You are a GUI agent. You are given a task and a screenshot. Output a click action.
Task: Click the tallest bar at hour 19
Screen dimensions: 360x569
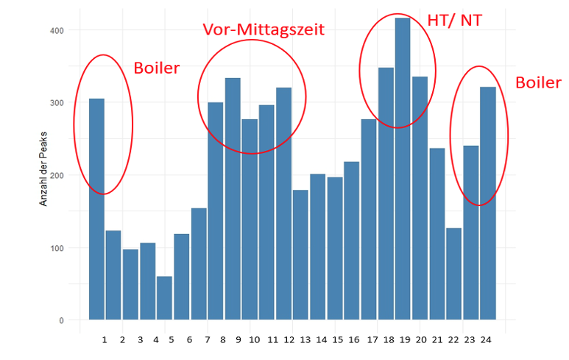(403, 169)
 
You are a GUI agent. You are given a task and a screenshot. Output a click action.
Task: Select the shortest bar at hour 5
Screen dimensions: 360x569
(164, 298)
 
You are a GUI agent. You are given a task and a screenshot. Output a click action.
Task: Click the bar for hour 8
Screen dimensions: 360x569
(233, 199)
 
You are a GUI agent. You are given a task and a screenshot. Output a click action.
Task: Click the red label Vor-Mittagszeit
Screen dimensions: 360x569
(264, 29)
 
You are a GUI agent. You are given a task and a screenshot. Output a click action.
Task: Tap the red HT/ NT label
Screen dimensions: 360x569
(455, 20)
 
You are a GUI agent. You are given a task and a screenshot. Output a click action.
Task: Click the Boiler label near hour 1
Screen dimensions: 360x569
(156, 68)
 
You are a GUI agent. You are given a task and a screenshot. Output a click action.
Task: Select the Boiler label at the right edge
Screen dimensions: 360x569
(538, 82)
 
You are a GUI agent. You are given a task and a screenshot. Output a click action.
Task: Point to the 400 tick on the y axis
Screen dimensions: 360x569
(57, 30)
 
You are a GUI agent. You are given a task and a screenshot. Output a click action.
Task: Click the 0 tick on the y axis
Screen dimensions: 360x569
(62, 320)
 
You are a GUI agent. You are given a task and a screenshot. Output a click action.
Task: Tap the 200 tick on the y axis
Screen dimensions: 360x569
(57, 175)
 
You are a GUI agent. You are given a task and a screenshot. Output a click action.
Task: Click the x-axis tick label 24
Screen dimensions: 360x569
(487, 340)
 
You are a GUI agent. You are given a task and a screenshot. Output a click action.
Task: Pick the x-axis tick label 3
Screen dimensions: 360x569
(138, 340)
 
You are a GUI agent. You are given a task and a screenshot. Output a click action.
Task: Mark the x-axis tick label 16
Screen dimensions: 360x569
(354, 340)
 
